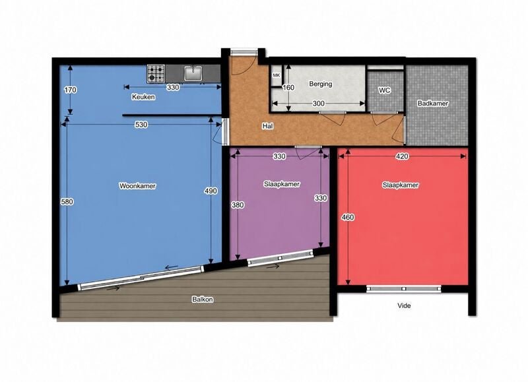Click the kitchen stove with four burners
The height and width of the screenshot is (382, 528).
tap(156, 74)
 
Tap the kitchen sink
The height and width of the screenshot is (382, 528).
tap(193, 73)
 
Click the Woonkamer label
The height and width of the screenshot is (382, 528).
tap(137, 186)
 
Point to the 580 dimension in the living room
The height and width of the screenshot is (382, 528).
tap(67, 202)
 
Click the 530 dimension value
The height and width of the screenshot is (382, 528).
tap(141, 125)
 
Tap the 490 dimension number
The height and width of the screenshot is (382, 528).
tap(211, 191)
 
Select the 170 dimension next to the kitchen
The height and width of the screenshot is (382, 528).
tap(71, 90)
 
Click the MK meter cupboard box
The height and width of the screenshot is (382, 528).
tap(277, 76)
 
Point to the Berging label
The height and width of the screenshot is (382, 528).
tap(321, 84)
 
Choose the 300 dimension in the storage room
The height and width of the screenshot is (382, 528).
tap(318, 104)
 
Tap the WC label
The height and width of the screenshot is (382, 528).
tap(384, 90)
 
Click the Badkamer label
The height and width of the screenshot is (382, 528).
tap(433, 104)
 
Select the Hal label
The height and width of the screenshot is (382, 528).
tap(268, 126)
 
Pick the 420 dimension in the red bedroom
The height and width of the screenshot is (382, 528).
tap(403, 156)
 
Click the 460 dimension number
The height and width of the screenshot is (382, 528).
tap(348, 218)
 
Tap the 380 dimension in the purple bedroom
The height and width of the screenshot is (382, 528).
tap(238, 205)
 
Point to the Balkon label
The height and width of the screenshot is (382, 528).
tap(203, 300)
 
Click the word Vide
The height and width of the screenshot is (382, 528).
tap(404, 305)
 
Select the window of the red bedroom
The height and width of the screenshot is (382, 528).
tap(404, 288)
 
